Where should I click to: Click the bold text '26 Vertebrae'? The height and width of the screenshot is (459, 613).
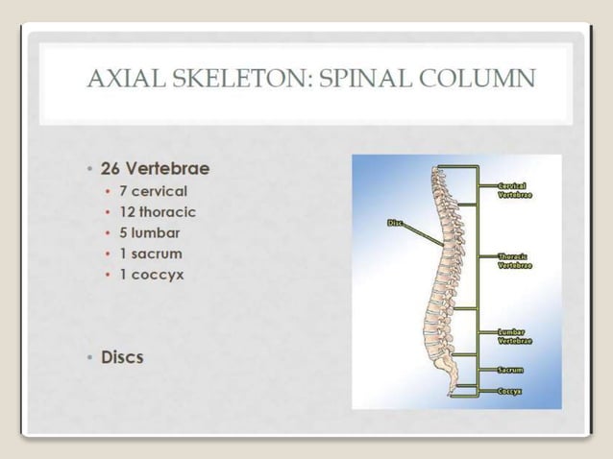point(156,169)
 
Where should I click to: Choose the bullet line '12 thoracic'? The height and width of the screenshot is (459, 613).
point(158,212)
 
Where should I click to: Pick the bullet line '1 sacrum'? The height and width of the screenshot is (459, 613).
point(150,254)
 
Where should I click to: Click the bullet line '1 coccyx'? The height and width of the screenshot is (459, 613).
point(151,275)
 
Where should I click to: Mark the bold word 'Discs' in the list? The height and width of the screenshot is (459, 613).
point(122,357)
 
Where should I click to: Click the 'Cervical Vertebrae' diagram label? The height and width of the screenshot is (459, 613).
point(516,189)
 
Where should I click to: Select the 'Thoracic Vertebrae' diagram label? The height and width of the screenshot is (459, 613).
point(516,260)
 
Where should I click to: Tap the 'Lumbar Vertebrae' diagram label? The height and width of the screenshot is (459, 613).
point(516,336)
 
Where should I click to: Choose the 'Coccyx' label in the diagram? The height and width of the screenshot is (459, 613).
point(510,391)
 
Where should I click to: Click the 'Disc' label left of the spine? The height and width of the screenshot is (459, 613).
point(394,223)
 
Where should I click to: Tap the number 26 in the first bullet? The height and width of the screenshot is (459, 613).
point(111,169)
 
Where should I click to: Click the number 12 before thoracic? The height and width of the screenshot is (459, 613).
point(126,212)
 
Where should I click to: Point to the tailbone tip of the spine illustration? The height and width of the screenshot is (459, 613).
point(450,391)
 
